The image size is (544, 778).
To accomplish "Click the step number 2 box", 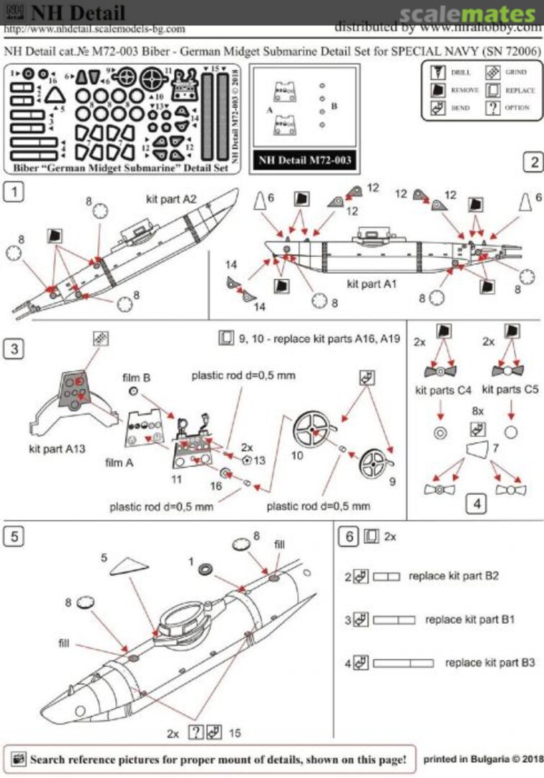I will point(533,162).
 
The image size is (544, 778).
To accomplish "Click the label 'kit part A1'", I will point(371,284).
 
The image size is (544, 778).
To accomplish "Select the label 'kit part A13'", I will point(58,447).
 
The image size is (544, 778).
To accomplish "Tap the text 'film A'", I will point(119,462).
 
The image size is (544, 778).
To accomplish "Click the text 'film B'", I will point(136,377).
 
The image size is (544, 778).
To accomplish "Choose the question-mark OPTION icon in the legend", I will point(493,108).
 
